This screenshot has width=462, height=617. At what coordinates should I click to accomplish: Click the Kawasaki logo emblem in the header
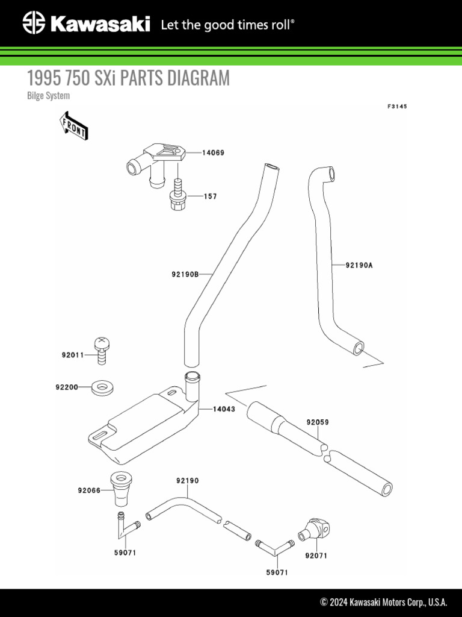[34, 24]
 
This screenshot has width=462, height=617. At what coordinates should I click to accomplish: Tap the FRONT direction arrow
[74, 125]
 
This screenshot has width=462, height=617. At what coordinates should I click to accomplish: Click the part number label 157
[210, 196]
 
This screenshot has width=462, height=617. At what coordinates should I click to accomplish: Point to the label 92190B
[185, 274]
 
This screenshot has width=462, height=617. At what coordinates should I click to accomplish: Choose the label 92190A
[359, 265]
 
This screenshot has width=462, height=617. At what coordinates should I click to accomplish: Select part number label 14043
[223, 409]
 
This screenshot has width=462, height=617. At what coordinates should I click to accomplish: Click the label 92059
[318, 422]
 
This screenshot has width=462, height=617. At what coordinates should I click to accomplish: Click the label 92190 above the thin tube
[188, 481]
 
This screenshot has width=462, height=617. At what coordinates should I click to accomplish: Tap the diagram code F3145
[397, 107]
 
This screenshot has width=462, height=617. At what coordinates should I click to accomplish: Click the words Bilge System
[49, 95]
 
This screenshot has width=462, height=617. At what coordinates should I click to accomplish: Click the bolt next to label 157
[179, 196]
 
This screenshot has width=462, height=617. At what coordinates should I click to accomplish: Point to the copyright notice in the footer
[384, 602]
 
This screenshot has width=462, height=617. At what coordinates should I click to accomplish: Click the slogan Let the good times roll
[228, 25]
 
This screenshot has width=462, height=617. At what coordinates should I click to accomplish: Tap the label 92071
[316, 556]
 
